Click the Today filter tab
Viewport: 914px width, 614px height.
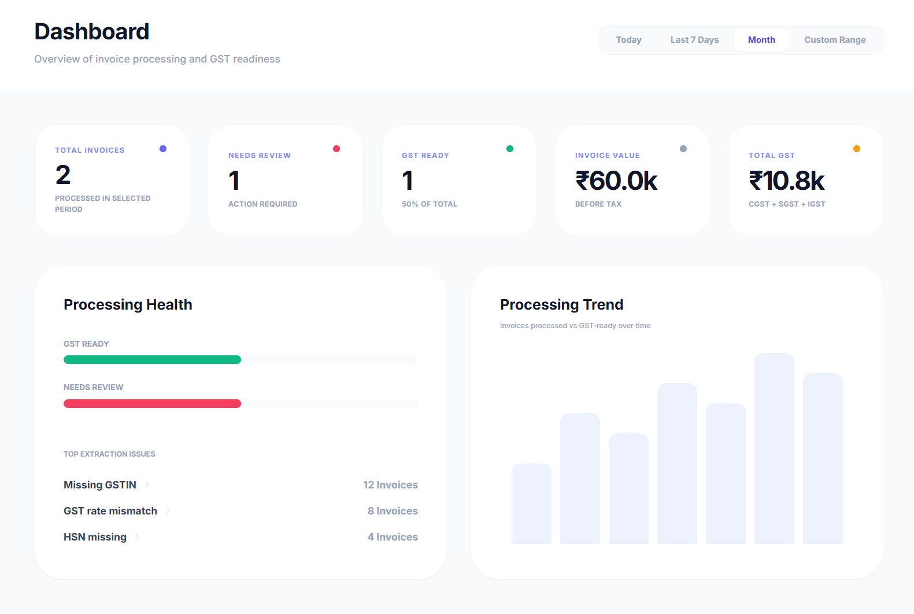pos(628,40)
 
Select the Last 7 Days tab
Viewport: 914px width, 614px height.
pos(694,40)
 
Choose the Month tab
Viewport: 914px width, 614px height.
pos(761,40)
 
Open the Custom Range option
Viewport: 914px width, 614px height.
pos(835,40)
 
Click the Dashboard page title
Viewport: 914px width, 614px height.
pos(92,32)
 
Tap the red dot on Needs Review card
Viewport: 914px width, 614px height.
pos(336,149)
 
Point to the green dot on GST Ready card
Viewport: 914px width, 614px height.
pos(510,149)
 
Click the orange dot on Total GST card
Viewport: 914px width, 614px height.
pos(857,149)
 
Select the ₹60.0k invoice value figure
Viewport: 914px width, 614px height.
pos(616,181)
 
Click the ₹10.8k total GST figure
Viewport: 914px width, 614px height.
pos(786,181)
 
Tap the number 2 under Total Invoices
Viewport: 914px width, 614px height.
pos(63,175)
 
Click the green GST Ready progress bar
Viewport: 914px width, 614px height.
pos(152,360)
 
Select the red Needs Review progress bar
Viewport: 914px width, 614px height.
pos(152,404)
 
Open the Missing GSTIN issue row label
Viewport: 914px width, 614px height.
pos(100,485)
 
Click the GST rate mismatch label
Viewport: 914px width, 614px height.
pos(110,511)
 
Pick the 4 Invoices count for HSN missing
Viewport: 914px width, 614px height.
pos(393,537)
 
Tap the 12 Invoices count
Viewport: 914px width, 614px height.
pos(390,485)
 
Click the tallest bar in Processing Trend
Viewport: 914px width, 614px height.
pos(774,448)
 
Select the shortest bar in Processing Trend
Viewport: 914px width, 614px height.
pos(531,503)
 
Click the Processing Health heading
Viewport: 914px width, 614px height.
pos(128,304)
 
